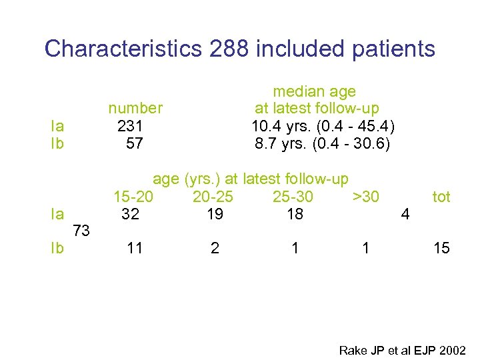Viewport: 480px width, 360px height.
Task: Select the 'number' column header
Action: tap(135, 108)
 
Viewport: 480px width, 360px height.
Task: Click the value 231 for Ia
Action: tap(130, 125)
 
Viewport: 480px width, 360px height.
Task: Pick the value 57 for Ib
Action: tap(134, 143)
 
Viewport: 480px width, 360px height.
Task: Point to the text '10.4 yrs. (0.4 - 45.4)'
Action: tap(323, 125)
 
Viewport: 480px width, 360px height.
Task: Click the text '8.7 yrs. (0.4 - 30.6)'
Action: tap(323, 143)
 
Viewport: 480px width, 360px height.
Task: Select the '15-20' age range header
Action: tap(133, 197)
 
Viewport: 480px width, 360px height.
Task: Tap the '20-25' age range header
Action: tap(213, 197)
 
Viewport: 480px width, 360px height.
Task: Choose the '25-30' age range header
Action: tap(293, 197)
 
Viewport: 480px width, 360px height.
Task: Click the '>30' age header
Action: tap(366, 197)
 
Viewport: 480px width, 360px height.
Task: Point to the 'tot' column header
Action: tap(441, 197)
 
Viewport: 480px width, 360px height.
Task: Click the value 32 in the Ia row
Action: tap(131, 214)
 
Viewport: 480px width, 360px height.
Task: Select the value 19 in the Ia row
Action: tap(215, 214)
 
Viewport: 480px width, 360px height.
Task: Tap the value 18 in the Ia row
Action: tap(295, 214)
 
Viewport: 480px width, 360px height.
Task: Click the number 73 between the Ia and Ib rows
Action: tap(81, 231)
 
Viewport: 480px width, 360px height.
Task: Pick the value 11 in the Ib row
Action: tap(135, 249)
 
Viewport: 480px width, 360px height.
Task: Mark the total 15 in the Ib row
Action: tap(441, 249)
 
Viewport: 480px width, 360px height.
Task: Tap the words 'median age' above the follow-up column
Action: tap(315, 91)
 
